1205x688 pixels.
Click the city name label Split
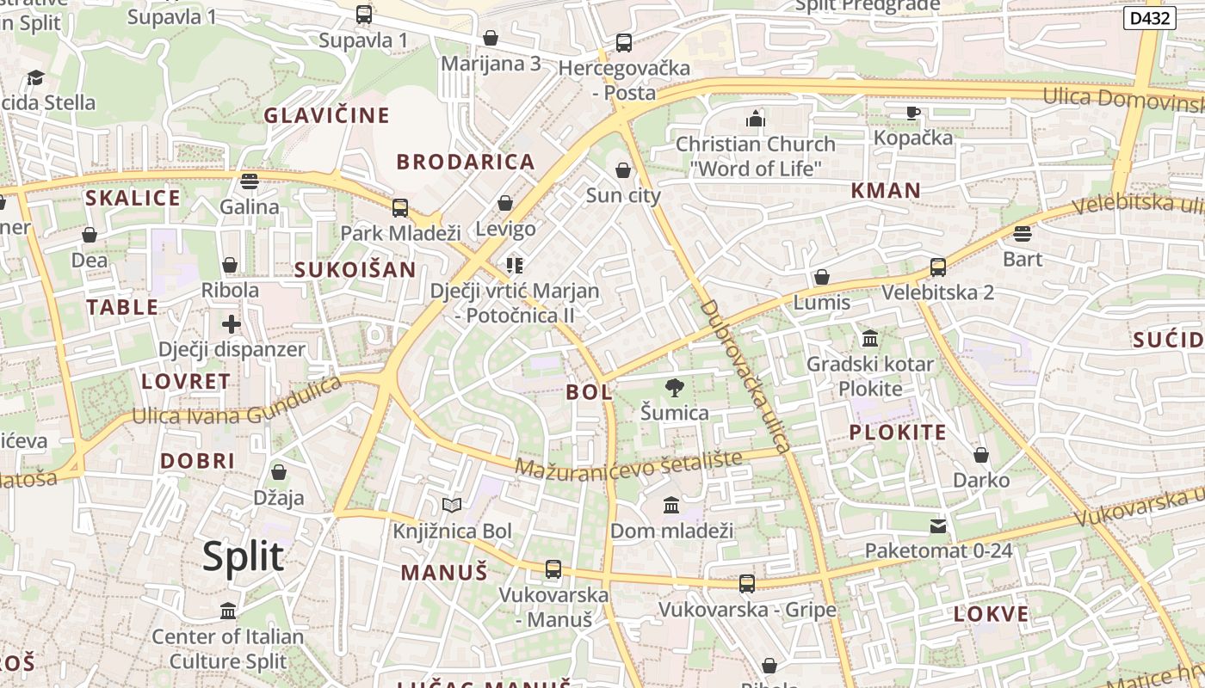(x=243, y=556)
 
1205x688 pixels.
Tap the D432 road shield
(x=1149, y=17)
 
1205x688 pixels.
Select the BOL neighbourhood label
(x=590, y=393)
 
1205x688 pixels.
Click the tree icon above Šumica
(x=675, y=388)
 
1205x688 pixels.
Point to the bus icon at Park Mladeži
(x=400, y=207)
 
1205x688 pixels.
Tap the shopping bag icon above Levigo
(x=505, y=204)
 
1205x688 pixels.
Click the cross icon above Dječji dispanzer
(x=231, y=324)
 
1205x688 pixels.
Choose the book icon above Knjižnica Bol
(x=452, y=506)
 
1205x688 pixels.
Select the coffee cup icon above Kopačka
(x=913, y=113)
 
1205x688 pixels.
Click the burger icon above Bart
(x=1023, y=233)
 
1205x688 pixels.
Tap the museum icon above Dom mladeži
(x=671, y=505)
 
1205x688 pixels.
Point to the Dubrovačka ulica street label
(x=745, y=376)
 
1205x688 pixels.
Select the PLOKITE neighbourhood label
(x=898, y=433)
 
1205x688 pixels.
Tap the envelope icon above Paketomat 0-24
(x=938, y=525)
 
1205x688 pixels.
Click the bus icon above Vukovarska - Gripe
(x=747, y=584)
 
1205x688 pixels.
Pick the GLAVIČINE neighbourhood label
(x=326, y=115)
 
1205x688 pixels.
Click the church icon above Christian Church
(x=756, y=119)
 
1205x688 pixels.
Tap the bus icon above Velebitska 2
(x=938, y=267)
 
